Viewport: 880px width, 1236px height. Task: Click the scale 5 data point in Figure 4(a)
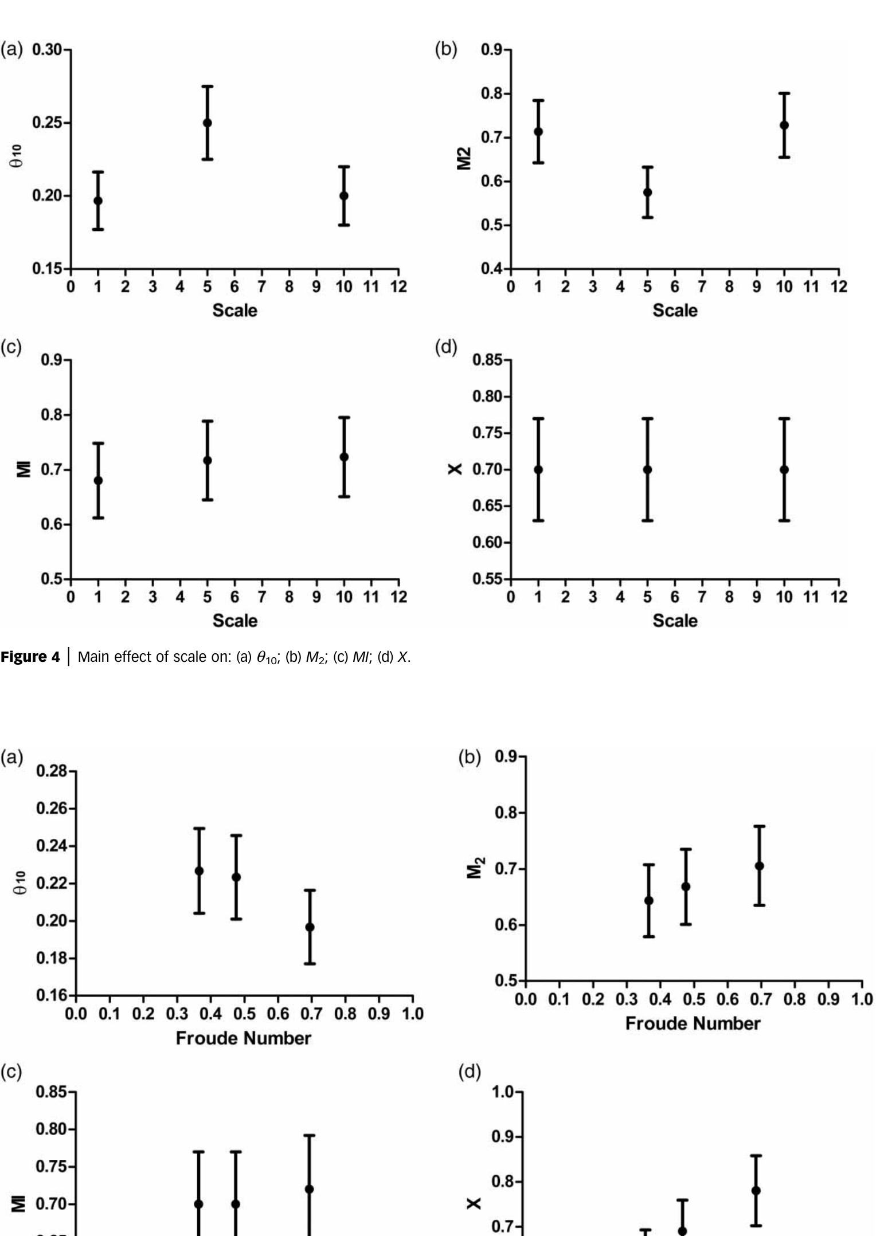point(207,123)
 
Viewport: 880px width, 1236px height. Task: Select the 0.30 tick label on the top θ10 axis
point(46,50)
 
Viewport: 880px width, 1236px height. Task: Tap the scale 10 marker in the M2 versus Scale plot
point(784,125)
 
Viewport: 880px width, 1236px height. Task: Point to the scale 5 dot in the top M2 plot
point(647,193)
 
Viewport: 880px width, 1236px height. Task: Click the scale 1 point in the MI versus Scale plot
point(98,480)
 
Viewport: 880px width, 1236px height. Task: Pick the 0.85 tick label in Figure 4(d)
point(487,360)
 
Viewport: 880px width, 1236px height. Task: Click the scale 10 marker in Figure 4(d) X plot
point(784,470)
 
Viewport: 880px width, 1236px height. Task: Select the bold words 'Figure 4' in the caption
point(30,657)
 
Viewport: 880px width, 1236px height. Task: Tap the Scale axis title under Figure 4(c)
point(234,621)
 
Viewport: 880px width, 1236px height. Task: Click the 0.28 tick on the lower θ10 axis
point(51,771)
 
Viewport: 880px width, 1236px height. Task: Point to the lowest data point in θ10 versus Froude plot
point(310,927)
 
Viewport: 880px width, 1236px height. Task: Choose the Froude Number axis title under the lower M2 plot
point(693,1023)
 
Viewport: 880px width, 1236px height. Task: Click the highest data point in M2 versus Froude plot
point(759,866)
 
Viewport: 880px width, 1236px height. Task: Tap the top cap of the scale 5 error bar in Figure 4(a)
point(207,87)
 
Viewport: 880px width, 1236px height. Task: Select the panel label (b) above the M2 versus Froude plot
point(469,758)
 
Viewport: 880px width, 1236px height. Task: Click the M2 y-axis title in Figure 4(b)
point(464,159)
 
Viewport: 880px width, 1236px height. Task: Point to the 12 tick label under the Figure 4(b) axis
point(838,287)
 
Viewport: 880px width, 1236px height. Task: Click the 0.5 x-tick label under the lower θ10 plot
point(244,1014)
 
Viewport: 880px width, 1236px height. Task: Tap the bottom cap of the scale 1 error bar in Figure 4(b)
point(538,163)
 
